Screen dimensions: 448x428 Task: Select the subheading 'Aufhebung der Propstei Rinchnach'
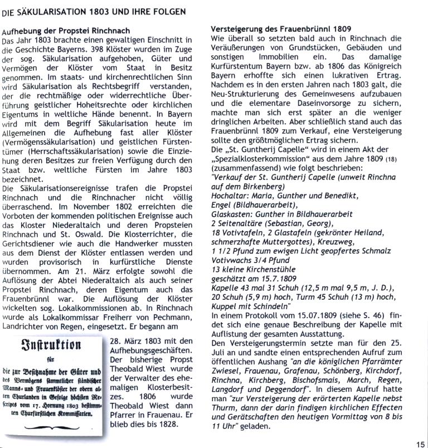(x=66, y=30)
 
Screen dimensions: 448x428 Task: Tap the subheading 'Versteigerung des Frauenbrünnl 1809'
(x=281, y=29)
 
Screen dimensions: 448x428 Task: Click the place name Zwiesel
(x=226, y=377)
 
